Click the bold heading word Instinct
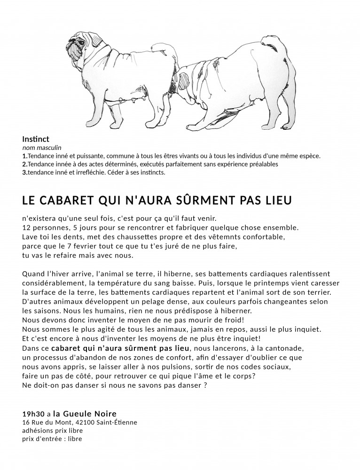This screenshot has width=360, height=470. pos(36,140)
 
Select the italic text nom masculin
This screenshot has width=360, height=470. pos(42,148)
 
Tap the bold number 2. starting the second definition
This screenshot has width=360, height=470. pos(24,164)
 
